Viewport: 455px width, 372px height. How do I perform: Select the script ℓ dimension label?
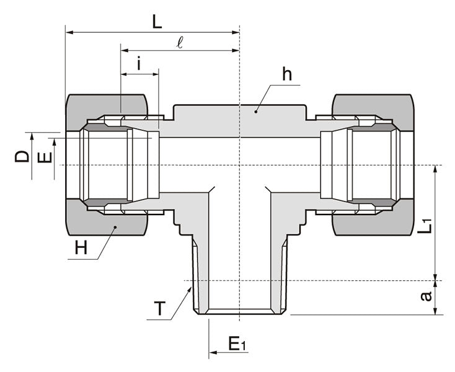tap(180, 43)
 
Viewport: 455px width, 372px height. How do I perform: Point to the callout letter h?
tap(286, 74)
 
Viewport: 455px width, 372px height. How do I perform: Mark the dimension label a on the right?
tap(426, 297)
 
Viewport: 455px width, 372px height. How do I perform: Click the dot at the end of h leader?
tap(255, 112)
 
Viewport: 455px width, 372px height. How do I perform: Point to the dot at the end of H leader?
tap(115, 228)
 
